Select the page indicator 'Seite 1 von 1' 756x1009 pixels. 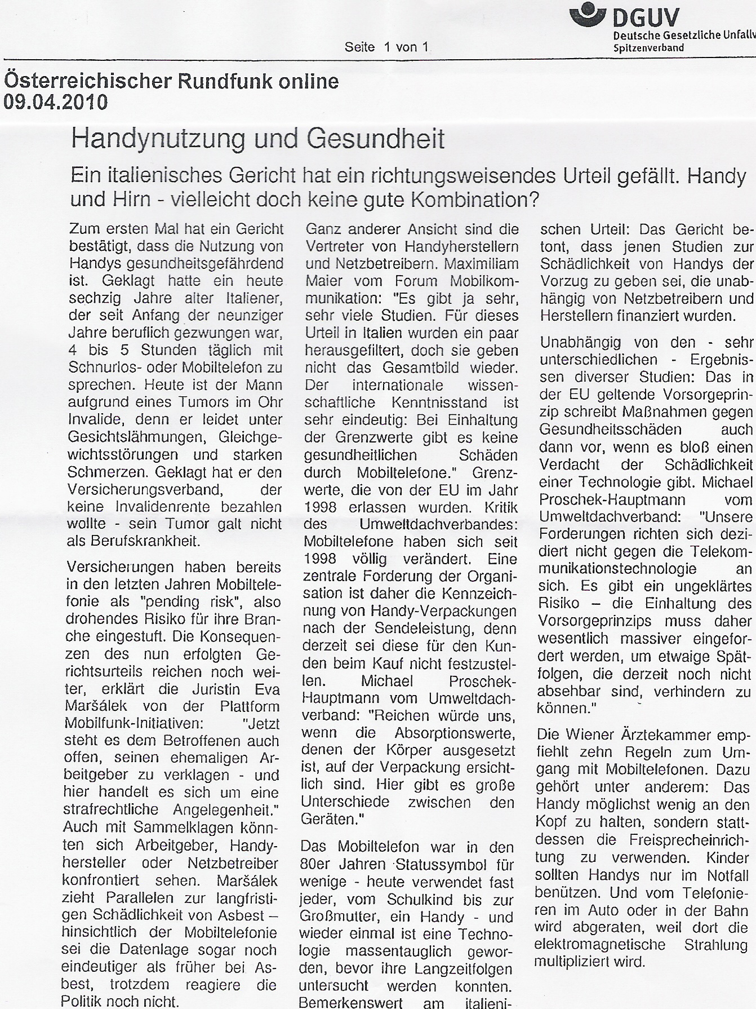(x=388, y=47)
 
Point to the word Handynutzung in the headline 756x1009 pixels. (x=158, y=138)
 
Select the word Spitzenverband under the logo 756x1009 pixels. (x=648, y=48)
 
